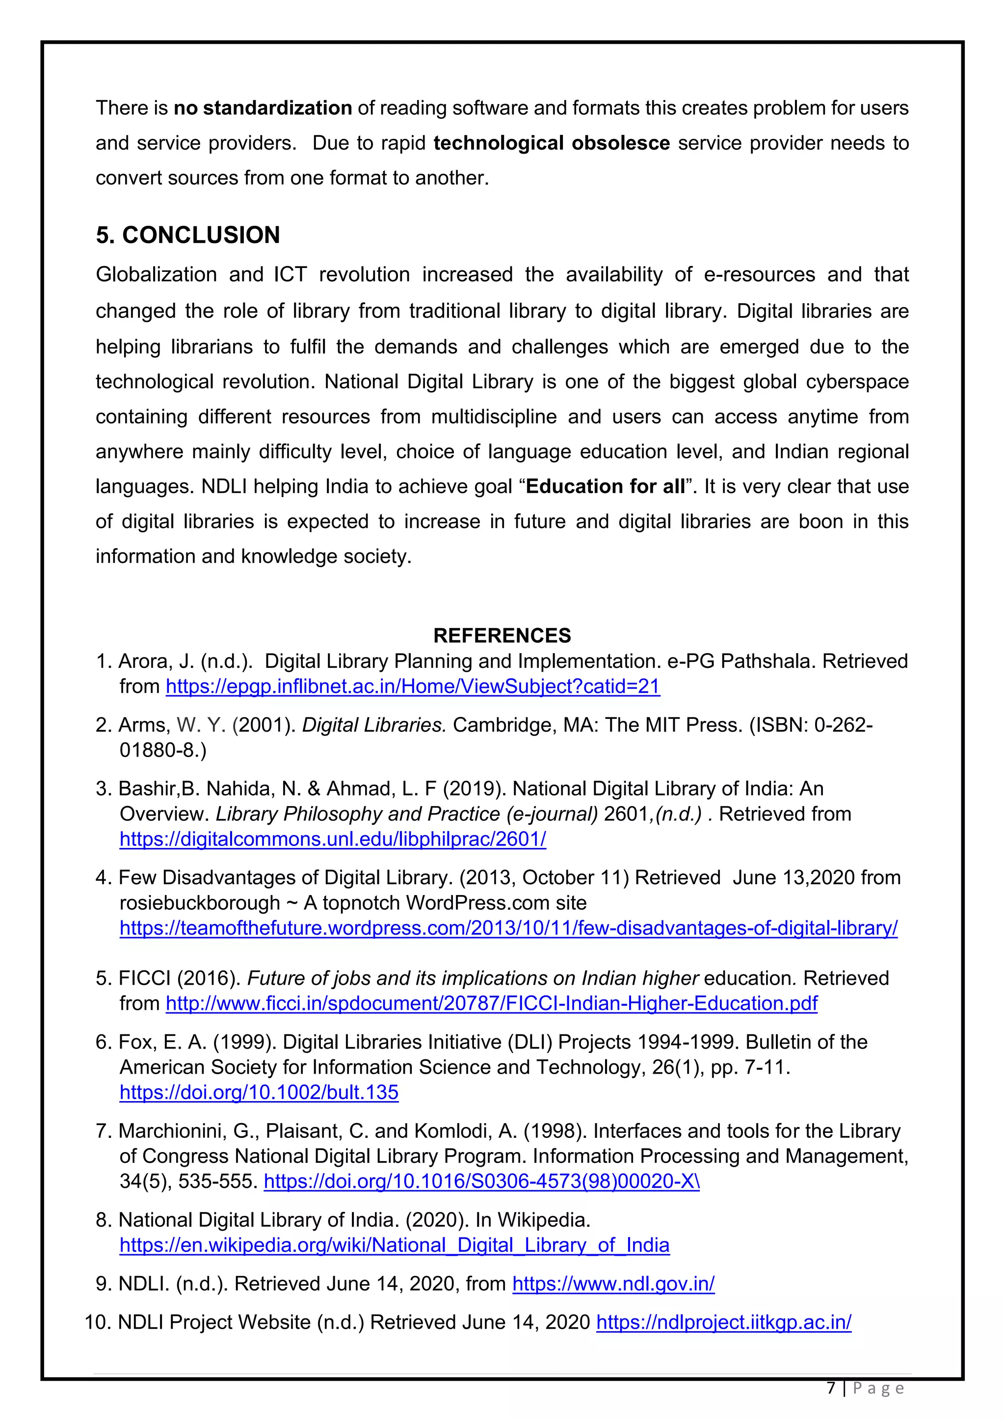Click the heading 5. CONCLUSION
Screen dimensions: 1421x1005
[187, 235]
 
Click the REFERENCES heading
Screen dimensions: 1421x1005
[502, 635]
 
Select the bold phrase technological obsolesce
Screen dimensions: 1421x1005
[552, 143]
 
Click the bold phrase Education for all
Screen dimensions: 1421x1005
[605, 486]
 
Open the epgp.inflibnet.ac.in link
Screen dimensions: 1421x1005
[412, 686]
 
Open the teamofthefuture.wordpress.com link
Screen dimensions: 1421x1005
[508, 928]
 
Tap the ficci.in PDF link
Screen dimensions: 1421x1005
[491, 1003]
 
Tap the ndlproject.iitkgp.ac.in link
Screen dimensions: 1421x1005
[723, 1322]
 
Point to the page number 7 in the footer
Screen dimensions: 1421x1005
[831, 1388]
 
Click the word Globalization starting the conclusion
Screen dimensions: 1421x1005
[156, 274]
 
